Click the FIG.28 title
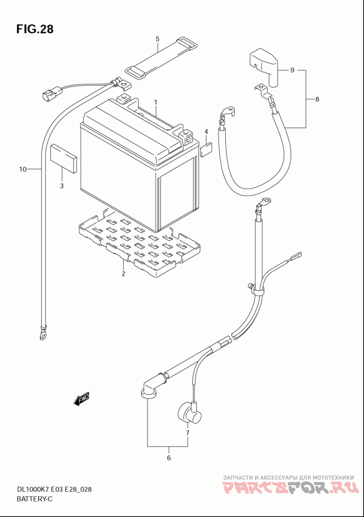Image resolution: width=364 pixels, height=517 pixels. [x=35, y=29]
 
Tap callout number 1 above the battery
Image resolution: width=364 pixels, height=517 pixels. [x=156, y=102]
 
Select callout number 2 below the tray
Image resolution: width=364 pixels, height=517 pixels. [x=123, y=273]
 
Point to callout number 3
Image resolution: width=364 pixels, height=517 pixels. [x=61, y=186]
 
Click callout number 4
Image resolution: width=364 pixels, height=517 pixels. [x=206, y=132]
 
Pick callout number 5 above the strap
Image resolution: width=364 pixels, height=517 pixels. [x=157, y=39]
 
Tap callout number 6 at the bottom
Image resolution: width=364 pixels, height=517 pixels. [x=169, y=458]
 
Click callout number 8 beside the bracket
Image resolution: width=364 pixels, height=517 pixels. [x=317, y=99]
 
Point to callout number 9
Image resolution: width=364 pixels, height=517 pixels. [x=292, y=70]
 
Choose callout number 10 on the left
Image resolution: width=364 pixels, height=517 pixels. [x=22, y=169]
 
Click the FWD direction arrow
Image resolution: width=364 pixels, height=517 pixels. [x=81, y=399]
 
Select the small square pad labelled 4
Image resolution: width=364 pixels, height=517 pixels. [x=206, y=150]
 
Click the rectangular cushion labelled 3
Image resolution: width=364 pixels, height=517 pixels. [x=64, y=158]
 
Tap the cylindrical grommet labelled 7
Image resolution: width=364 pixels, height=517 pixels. [x=189, y=413]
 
